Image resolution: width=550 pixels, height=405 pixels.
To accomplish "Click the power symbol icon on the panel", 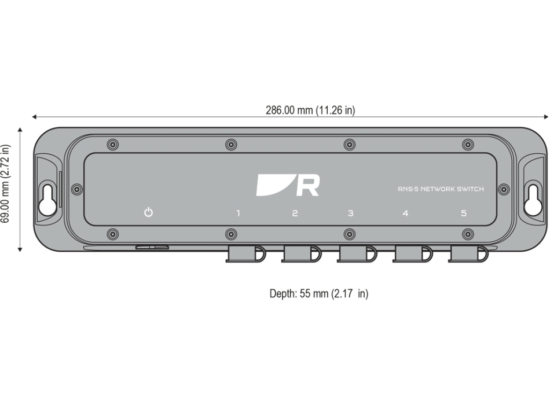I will [x=149, y=212].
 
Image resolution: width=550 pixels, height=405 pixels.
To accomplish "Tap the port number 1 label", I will [x=238, y=213].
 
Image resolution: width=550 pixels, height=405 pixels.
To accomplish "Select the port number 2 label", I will [x=295, y=213].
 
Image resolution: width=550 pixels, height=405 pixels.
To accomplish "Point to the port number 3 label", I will [x=350, y=213].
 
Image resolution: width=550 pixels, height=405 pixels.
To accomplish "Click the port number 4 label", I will [x=405, y=213].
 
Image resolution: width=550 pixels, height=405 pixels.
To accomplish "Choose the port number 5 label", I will [x=463, y=213].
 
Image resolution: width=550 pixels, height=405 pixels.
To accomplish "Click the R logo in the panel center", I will [x=288, y=185].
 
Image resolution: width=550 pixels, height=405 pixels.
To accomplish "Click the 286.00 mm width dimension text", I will [x=310, y=111].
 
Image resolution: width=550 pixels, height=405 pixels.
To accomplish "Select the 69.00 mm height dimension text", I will [x=8, y=190].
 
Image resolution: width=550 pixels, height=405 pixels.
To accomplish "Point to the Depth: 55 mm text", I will [x=318, y=294].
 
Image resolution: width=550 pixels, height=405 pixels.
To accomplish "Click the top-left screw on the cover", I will [x=113, y=144].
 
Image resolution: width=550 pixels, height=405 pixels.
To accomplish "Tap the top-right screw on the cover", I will [x=468, y=144].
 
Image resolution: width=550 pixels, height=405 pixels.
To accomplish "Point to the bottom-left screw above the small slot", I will [x=113, y=234].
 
